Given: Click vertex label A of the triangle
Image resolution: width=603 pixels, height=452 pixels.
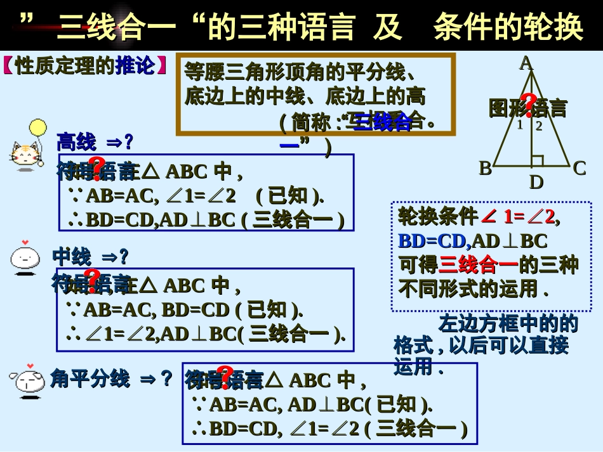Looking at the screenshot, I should click(x=526, y=63).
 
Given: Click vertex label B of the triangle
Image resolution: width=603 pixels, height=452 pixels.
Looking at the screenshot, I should click(x=485, y=169).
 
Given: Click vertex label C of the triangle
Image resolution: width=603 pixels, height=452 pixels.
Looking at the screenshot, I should click(x=579, y=169).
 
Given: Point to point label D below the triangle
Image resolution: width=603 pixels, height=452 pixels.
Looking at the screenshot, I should click(x=536, y=183).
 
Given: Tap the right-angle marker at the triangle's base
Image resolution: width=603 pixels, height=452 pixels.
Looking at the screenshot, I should click(x=536, y=161).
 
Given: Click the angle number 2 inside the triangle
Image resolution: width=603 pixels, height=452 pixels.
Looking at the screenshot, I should click(x=539, y=126).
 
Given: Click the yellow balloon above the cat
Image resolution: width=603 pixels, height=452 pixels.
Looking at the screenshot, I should click(x=37, y=127).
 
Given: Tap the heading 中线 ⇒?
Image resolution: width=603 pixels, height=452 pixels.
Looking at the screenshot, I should click(x=91, y=257).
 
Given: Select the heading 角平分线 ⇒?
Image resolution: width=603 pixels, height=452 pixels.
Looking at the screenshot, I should click(x=112, y=378).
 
